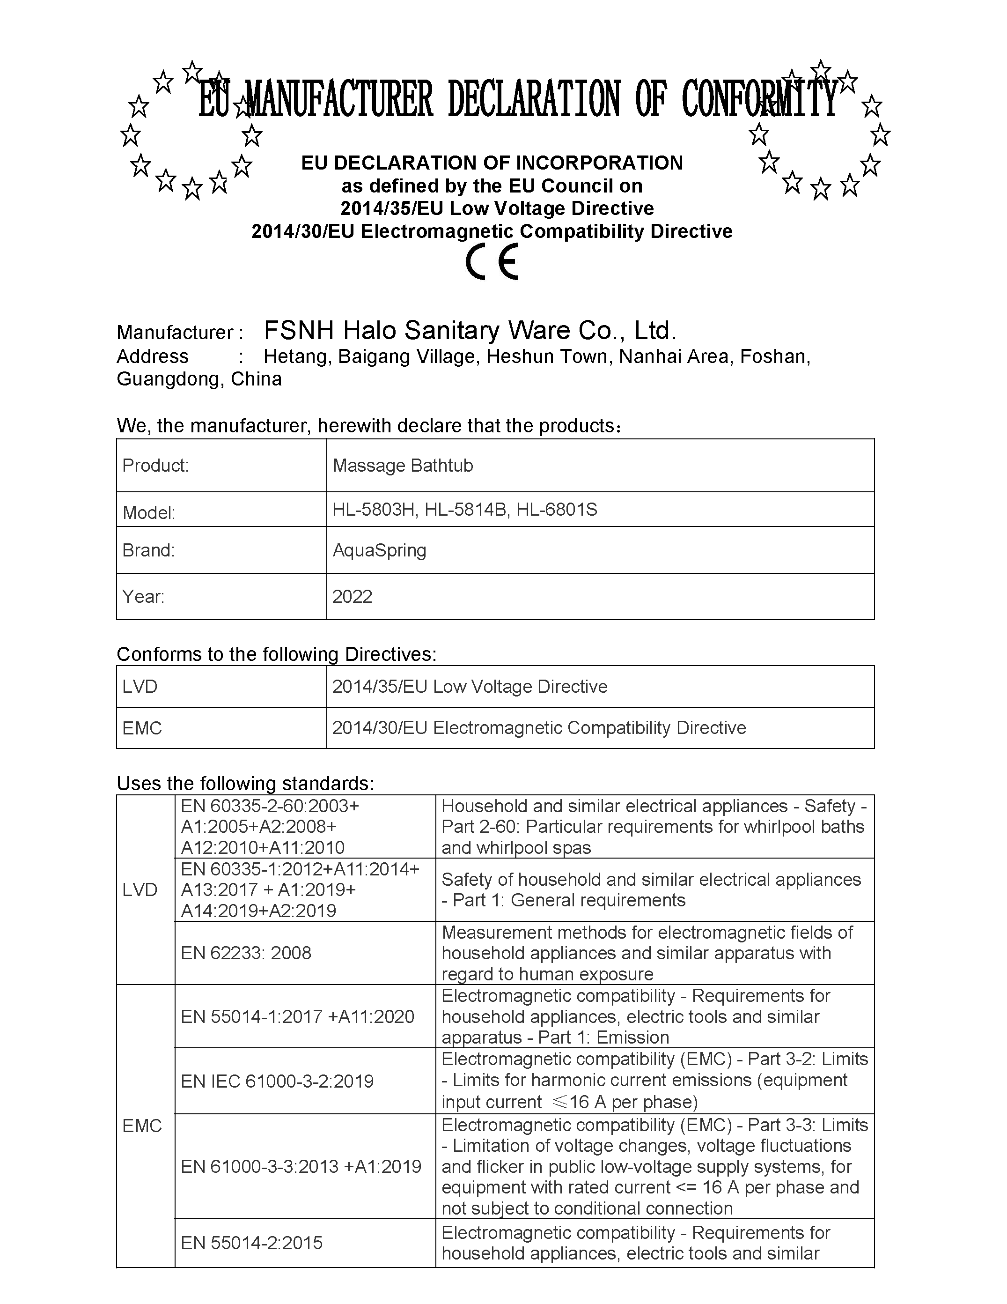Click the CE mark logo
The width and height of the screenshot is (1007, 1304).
pyautogui.click(x=492, y=262)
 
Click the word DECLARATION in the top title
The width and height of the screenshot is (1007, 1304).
pyautogui.click(x=534, y=100)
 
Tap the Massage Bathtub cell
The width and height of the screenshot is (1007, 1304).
pyautogui.click(x=403, y=466)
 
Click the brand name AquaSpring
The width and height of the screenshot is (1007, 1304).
pyautogui.click(x=380, y=550)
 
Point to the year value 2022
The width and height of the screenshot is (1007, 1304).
pyautogui.click(x=352, y=596)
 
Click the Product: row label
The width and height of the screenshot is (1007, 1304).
pyautogui.click(x=155, y=466)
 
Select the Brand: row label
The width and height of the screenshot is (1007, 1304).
pyautogui.click(x=148, y=550)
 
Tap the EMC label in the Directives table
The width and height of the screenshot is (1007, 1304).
pyautogui.click(x=142, y=728)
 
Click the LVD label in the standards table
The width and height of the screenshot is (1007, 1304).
pyautogui.click(x=140, y=889)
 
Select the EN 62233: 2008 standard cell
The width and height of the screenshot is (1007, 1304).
pyautogui.click(x=246, y=953)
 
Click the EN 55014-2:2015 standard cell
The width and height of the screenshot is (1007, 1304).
pyautogui.click(x=251, y=1243)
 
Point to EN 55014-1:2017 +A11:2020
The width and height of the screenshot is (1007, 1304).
pyautogui.click(x=297, y=1016)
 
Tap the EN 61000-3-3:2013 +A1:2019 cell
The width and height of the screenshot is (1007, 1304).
pyautogui.click(x=301, y=1166)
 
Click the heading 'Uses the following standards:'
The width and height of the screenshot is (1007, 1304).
pyautogui.click(x=245, y=783)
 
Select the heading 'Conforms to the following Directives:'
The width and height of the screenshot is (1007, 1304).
pyautogui.click(x=276, y=654)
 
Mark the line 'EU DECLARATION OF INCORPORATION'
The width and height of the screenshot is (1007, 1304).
pyautogui.click(x=492, y=163)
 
